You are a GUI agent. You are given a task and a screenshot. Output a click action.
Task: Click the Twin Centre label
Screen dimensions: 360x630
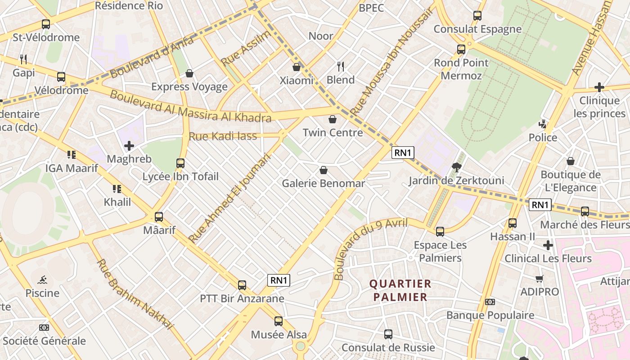click(333, 133)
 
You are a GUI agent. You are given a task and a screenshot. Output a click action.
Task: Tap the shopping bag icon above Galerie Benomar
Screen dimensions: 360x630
click(323, 170)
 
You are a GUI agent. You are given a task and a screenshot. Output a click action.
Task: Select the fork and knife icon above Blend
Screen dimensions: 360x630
click(341, 67)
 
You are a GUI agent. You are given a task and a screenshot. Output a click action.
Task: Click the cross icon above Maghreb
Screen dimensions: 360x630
click(129, 146)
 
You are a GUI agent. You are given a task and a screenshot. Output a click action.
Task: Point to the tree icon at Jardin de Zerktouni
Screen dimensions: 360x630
click(457, 168)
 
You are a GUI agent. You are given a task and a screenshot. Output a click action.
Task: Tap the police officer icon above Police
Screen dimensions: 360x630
click(543, 124)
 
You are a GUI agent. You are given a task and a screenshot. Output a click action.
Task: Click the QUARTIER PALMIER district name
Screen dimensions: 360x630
click(400, 290)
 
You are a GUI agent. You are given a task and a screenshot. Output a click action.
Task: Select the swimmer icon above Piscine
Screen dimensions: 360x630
click(42, 280)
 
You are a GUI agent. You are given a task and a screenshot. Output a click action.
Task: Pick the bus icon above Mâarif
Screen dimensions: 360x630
click(159, 217)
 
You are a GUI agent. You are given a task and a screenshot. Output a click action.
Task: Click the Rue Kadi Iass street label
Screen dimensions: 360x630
click(223, 136)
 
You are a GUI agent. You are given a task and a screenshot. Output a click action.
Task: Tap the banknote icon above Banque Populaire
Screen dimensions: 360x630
click(490, 302)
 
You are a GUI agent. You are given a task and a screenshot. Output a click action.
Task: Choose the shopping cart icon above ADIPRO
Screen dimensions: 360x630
click(539, 279)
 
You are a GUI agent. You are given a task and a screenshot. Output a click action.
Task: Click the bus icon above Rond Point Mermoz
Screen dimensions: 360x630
click(461, 49)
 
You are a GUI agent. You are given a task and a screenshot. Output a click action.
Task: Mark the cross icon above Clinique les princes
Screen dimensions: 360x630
click(599, 87)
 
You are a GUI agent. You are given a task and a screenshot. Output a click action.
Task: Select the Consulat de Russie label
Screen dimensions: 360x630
click(388, 348)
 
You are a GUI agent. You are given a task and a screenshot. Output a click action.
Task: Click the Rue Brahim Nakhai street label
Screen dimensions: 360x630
click(135, 295)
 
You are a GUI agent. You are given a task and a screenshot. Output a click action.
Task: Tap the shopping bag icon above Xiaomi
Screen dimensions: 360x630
click(297, 67)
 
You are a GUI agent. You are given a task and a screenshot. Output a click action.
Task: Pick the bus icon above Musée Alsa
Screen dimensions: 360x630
click(279, 321)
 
